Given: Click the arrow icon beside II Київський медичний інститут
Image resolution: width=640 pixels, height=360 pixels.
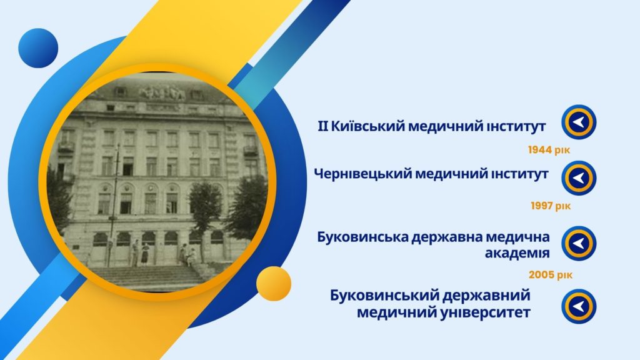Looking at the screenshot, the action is pyautogui.click(x=579, y=122).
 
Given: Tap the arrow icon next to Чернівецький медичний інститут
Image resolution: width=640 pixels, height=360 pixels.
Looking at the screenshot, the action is pyautogui.click(x=579, y=178).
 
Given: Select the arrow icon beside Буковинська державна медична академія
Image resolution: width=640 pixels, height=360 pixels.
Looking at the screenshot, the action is pyautogui.click(x=579, y=244).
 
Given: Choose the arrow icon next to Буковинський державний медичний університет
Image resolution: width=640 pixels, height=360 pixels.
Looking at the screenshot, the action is pyautogui.click(x=579, y=306).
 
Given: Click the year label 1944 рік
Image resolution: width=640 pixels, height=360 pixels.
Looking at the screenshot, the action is pyautogui.click(x=549, y=150).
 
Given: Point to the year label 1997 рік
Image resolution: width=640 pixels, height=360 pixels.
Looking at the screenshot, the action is pyautogui.click(x=551, y=206).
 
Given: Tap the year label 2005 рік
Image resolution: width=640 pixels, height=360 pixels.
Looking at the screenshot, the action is pyautogui.click(x=551, y=275).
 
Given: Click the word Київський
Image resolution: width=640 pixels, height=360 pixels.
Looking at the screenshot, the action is pyautogui.click(x=367, y=126).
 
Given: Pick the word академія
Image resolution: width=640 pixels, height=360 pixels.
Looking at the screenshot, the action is pyautogui.click(x=517, y=253).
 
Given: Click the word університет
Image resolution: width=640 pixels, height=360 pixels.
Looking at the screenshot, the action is pyautogui.click(x=486, y=313).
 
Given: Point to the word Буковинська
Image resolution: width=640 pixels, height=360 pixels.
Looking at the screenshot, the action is pyautogui.click(x=362, y=237).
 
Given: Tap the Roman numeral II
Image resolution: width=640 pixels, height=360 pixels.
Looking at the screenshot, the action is pyautogui.click(x=323, y=126).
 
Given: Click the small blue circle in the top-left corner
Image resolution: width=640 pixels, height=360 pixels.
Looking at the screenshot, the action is pyautogui.click(x=38, y=48).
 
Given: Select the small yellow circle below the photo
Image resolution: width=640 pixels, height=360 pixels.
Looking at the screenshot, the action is pyautogui.click(x=274, y=284).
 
